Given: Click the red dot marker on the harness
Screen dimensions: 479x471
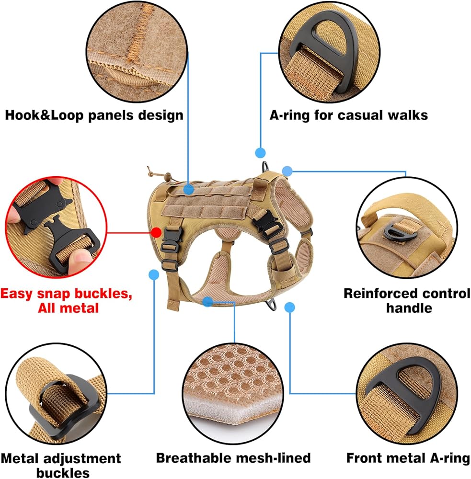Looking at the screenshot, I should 156,232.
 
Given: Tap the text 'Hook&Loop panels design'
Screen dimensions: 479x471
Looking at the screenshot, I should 94,115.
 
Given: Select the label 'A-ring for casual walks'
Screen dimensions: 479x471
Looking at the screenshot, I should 349,115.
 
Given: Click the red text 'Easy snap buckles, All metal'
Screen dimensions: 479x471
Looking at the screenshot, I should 66,300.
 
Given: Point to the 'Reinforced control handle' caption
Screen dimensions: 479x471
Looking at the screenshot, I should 407,300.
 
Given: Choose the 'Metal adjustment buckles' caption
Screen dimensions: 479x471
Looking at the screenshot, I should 61,466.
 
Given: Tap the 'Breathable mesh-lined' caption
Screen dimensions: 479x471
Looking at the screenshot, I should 233,458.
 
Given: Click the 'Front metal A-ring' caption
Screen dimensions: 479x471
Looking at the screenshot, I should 408,458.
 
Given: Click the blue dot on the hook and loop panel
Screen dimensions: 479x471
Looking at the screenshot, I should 189,189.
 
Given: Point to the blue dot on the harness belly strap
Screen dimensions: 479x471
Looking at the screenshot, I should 207,301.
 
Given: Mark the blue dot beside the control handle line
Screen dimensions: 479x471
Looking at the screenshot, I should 287,171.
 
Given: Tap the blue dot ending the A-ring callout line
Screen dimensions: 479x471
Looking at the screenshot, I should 260,153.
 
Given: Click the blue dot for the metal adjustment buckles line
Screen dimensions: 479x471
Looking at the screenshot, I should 154,274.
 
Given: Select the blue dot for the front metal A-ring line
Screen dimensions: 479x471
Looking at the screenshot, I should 289,308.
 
